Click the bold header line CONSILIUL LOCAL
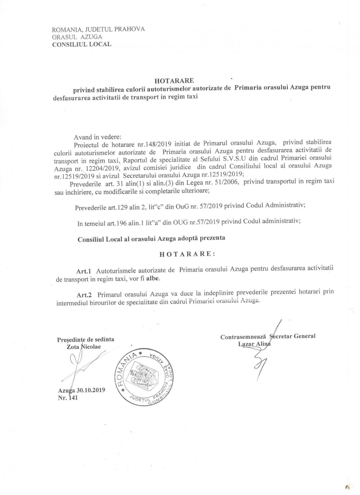coord(81,44)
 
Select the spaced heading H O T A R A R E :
coord(187,254)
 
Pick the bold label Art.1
coord(84,271)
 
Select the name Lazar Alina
coord(254,344)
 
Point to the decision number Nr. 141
coord(68,398)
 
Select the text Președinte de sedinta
coord(86,339)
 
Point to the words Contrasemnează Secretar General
coord(268,336)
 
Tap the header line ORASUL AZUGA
coord(77,37)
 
